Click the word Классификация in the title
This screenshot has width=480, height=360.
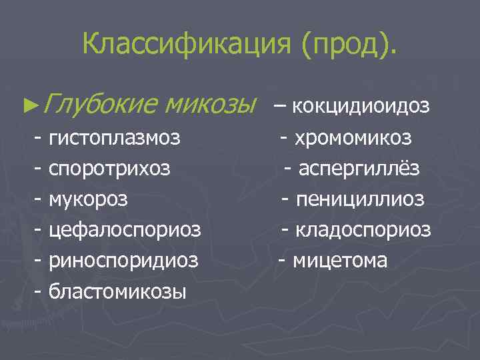coord(188,44)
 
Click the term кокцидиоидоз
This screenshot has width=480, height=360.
coord(361,105)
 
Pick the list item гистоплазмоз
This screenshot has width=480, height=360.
coord(114,139)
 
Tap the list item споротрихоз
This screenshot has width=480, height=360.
coord(109,169)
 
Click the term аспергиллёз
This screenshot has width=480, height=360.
coord(359,169)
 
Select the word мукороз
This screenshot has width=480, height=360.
coord(89,199)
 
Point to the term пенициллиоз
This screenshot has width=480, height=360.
coord(361,199)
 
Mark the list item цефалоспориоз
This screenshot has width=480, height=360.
coord(125,230)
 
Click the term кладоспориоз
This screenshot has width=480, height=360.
coord(364,230)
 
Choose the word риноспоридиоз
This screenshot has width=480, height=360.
coord(123,260)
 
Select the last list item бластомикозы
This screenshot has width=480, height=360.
coord(117,291)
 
